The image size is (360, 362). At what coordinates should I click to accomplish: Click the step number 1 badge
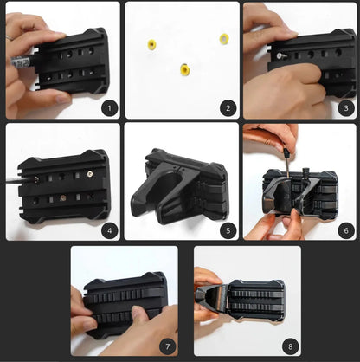(x=109, y=108)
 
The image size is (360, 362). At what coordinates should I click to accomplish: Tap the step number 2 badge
(x=228, y=108)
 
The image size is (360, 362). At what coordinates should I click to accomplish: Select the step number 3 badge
(x=346, y=108)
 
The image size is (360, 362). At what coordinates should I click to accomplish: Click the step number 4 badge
(x=109, y=230)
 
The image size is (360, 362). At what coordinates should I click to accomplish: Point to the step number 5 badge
(x=228, y=230)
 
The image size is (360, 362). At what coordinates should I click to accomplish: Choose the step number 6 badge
(x=346, y=230)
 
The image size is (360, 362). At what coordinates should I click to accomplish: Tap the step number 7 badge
(x=168, y=346)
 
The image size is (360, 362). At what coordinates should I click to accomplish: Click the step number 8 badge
(x=291, y=346)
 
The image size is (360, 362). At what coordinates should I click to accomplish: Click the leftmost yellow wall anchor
(x=152, y=44)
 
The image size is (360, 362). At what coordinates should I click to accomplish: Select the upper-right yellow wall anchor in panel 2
(x=224, y=39)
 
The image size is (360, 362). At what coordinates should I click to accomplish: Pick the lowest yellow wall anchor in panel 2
(x=184, y=69)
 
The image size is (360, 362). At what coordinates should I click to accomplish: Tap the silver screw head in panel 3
(x=280, y=56)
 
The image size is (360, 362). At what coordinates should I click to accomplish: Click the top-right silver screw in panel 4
(x=91, y=174)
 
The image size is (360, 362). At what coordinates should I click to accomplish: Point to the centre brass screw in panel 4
(x=62, y=198)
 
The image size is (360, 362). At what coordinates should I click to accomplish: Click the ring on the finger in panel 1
(x=10, y=37)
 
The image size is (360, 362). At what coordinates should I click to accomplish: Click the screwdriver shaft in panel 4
(x=21, y=180)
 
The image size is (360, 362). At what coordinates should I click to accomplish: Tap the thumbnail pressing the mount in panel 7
(x=137, y=312)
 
